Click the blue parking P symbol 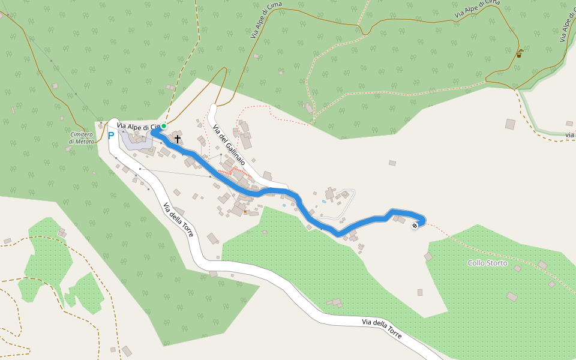point(111,136)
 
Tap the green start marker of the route point(163,126)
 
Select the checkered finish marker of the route point(415,226)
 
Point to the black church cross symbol point(178,139)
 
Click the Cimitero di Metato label point(82,137)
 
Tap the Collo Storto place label point(487,263)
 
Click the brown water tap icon point(519,53)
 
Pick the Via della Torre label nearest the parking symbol point(178,220)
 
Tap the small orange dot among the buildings point(245,212)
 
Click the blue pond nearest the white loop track point(324,202)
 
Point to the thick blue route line point(276,191)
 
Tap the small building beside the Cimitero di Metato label point(68,149)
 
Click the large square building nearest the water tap point(510,124)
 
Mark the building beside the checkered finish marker point(400,220)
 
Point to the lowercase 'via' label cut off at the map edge point(570,136)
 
